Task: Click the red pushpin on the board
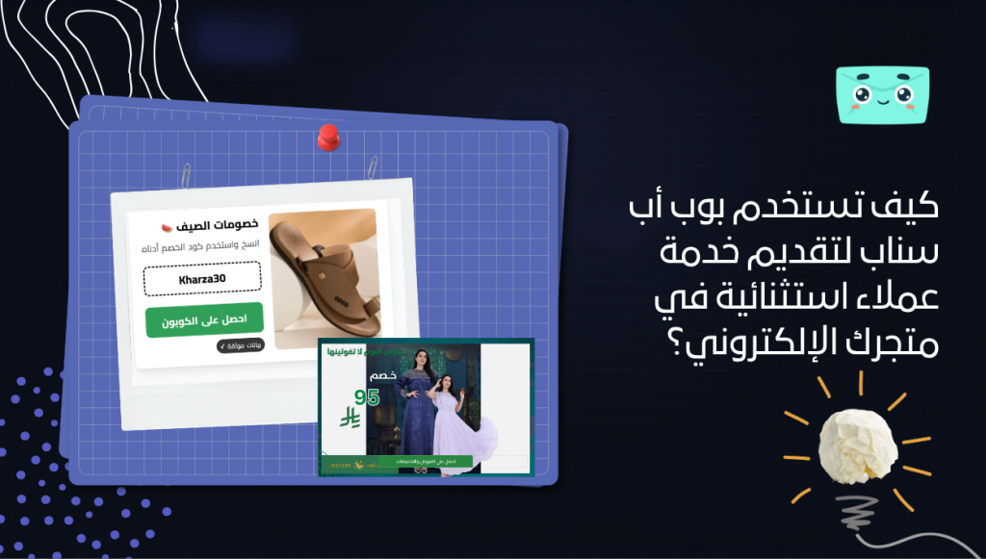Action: point(328,137)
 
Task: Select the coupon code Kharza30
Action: point(202,280)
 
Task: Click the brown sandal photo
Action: point(323,279)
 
